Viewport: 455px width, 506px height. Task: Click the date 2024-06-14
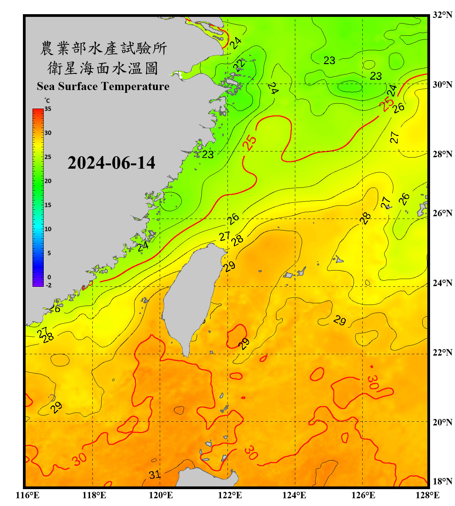tap(111, 163)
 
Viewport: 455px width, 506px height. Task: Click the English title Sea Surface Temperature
tap(103, 86)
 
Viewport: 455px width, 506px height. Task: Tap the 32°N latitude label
tap(442, 15)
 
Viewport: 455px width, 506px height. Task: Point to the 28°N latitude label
tap(442, 154)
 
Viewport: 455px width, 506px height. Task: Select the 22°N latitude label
tap(442, 353)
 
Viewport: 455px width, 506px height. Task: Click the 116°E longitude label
tap(28, 495)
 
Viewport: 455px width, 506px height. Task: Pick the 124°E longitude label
tap(294, 495)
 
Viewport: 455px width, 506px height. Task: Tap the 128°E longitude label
tap(427, 495)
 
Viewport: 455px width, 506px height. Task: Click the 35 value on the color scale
tap(48, 109)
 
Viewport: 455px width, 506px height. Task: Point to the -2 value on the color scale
tap(49, 285)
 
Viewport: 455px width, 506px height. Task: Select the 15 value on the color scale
tap(48, 205)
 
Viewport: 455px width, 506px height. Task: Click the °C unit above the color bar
tap(47, 101)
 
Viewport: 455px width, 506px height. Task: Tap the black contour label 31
tap(155, 475)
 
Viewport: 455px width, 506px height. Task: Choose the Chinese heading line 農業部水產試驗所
tap(103, 48)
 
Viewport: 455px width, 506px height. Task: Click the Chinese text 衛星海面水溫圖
tap(103, 68)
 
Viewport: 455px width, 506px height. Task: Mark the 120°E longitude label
tap(161, 495)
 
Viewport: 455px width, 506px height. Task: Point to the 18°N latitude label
tap(442, 481)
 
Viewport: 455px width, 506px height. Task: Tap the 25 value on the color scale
tap(48, 157)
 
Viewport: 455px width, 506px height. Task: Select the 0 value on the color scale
tap(49, 277)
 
